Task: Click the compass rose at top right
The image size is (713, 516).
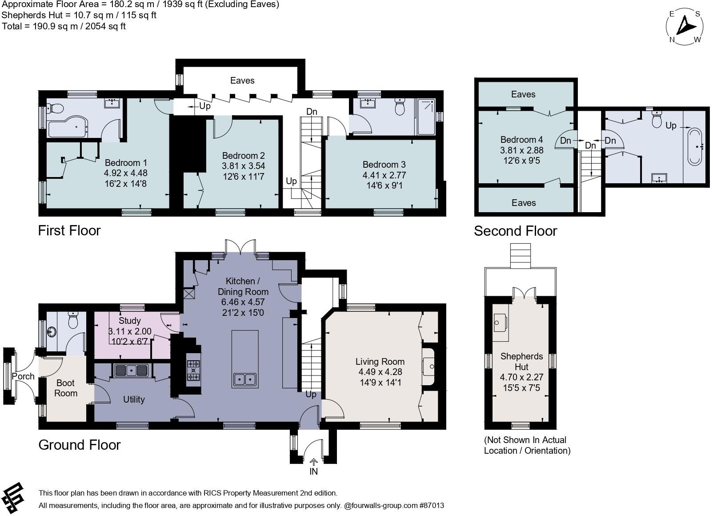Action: tap(685, 27)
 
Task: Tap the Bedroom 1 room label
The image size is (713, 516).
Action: tap(126, 163)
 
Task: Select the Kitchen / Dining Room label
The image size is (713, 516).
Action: tap(243, 286)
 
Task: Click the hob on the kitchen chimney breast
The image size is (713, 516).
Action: tap(194, 371)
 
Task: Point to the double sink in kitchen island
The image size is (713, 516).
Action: tap(244, 379)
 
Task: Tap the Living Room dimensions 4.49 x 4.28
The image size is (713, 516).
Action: tap(380, 372)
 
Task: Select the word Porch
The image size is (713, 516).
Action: tap(23, 376)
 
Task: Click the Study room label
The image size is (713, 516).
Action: tap(130, 321)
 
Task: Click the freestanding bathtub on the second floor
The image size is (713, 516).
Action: tap(694, 146)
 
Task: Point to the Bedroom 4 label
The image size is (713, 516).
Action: tap(521, 140)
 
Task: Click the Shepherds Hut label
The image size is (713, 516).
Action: tap(521, 361)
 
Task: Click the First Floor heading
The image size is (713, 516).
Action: tap(69, 230)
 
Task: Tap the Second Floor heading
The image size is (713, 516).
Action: tap(515, 231)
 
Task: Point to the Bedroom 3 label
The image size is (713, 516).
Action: tap(384, 165)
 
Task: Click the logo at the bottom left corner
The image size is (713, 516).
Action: tap(13, 497)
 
